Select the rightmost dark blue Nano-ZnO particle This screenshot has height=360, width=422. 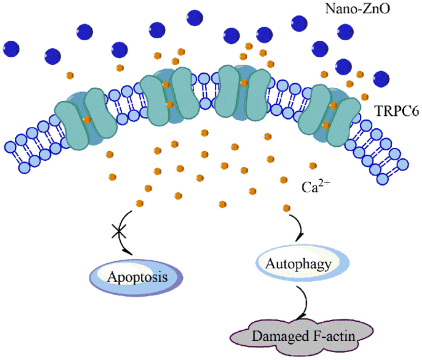(x=381, y=79)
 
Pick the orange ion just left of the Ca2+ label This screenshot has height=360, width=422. (x=283, y=179)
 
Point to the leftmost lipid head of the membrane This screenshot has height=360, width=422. (x=9, y=147)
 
